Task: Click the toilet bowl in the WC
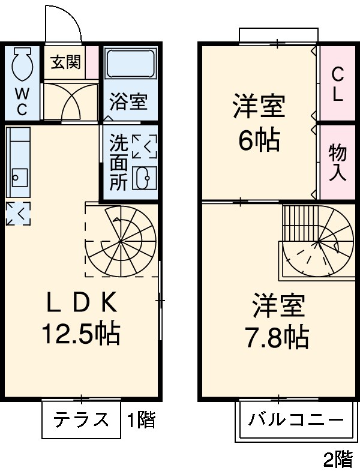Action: pos(22,65)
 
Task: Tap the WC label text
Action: pos(22,100)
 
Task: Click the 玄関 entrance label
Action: pos(65,62)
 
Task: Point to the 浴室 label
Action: pos(128,101)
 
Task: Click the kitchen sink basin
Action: pos(20,177)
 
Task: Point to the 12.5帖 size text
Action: pos(80,333)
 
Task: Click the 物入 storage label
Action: pos(337,163)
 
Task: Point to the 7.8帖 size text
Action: pos(277,338)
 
